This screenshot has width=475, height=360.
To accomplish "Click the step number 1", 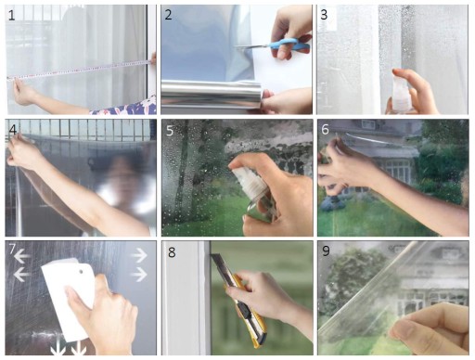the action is pos(11,16).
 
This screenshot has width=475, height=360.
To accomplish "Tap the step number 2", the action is pos(168,15).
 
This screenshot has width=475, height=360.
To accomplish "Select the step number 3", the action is pos(324,15).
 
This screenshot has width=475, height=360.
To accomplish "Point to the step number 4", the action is pos(13,130).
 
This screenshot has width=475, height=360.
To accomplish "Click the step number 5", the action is pos(170,131).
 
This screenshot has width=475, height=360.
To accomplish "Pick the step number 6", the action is pos(325,130).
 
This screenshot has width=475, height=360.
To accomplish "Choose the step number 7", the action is pos(12,249).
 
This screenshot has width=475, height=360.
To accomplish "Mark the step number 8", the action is pos(172,252).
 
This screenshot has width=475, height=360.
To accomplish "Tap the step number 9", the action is pos(326,251).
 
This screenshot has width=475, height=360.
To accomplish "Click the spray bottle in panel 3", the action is pos(400,94).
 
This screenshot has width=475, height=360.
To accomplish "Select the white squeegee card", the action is pos(69,299).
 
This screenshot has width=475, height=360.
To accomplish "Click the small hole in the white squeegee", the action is pos(81,272).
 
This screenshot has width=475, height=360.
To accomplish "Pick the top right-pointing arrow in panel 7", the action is pos(138,255).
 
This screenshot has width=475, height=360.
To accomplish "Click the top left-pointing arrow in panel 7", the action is pos(22,256).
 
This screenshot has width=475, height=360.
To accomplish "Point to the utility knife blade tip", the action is pos(212,255).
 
